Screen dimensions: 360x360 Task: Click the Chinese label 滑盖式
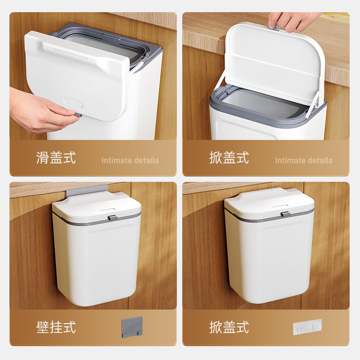pyautogui.click(x=56, y=157)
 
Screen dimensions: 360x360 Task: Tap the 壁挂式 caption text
pyautogui.click(x=56, y=327)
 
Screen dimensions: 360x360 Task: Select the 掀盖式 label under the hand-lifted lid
pyautogui.click(x=229, y=157)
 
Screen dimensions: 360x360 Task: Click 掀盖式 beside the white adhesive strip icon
pyautogui.click(x=229, y=327)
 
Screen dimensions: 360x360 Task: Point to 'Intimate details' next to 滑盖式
pyautogui.click(x=130, y=160)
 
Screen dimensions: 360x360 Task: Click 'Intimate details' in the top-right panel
pyautogui.click(x=304, y=160)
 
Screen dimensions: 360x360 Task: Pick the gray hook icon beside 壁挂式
pyautogui.click(x=132, y=327)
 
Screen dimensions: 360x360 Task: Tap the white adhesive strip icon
pyautogui.click(x=307, y=326)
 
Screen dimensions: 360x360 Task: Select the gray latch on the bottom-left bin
pyautogui.click(x=112, y=218)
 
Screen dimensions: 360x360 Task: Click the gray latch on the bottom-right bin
pyautogui.click(x=285, y=214)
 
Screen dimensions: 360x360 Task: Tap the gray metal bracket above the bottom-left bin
pyautogui.click(x=87, y=190)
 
